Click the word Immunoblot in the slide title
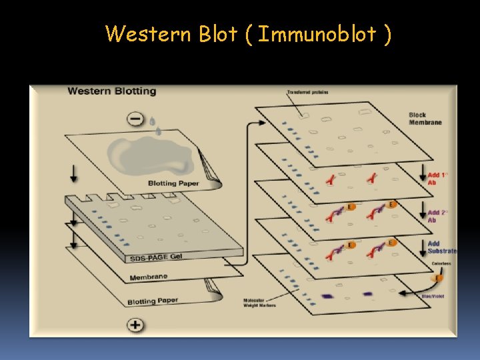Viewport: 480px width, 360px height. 317,33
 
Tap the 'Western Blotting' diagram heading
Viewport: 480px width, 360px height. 111,91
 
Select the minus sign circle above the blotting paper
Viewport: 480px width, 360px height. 135,119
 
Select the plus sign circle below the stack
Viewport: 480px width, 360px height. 135,325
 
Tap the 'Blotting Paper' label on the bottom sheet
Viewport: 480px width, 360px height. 153,301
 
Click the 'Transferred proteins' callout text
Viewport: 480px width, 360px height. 307,92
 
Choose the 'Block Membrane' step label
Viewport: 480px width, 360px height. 425,119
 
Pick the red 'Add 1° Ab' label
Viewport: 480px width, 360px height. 437,179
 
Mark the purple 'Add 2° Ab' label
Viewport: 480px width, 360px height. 437,216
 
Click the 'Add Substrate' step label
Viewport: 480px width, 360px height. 441,247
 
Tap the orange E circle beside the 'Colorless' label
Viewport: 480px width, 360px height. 438,278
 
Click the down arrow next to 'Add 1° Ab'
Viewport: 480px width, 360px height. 421,178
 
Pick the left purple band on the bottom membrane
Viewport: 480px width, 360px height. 327,295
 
